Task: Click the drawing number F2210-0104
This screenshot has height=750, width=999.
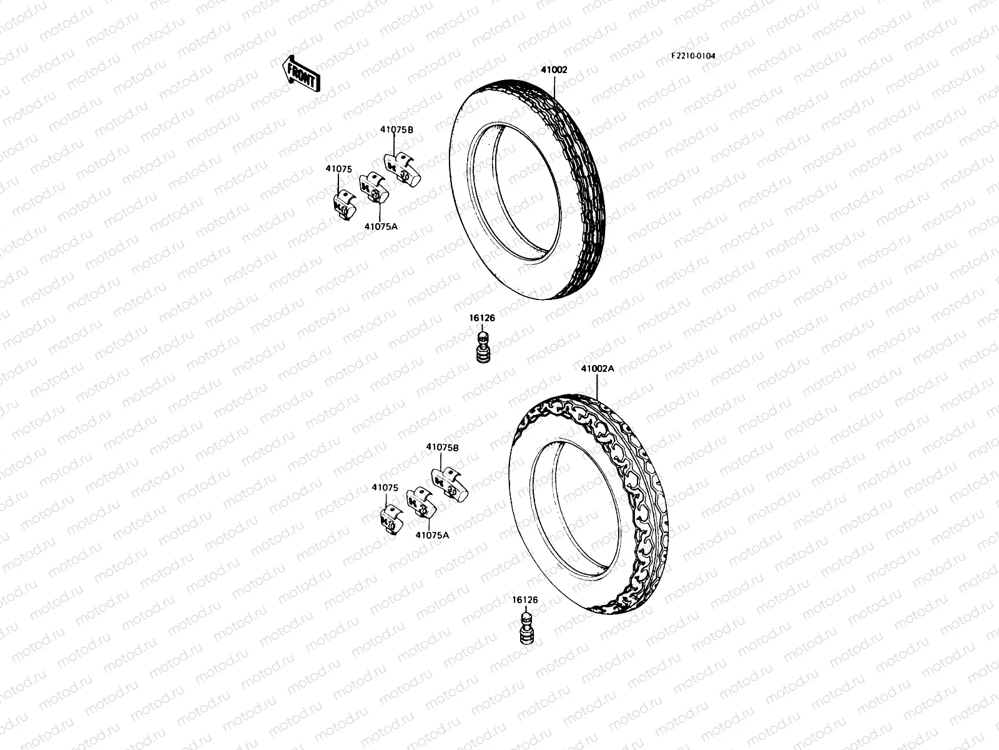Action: click(x=693, y=56)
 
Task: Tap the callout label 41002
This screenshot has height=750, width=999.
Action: click(x=554, y=70)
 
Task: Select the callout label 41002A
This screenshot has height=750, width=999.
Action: click(x=598, y=369)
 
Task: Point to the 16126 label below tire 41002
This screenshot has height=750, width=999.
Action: click(x=482, y=318)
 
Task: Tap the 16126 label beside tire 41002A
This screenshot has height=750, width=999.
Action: click(x=525, y=599)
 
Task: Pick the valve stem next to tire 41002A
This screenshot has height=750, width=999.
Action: click(x=526, y=629)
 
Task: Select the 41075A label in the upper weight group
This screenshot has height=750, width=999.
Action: click(x=381, y=226)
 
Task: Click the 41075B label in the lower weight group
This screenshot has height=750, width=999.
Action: click(x=443, y=447)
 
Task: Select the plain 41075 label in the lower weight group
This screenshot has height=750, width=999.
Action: click(x=385, y=487)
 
